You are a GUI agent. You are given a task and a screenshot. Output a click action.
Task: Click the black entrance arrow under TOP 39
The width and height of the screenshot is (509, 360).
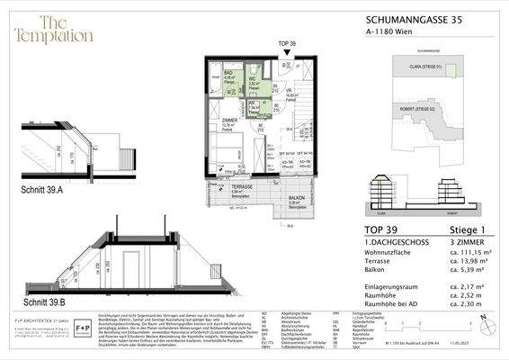286,53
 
